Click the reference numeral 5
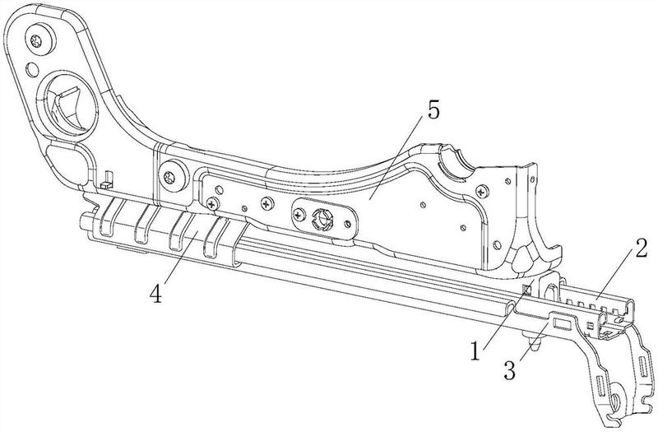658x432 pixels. point(433,111)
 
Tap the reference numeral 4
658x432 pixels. point(155,294)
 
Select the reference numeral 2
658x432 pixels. point(641,249)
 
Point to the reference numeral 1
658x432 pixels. point(475,351)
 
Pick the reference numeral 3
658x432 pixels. point(509,370)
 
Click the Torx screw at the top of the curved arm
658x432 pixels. point(38,40)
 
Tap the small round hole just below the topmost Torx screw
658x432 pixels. point(32,70)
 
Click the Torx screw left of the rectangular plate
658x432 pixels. point(170,178)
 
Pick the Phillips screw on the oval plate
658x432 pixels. point(299,216)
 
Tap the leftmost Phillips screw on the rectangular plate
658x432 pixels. point(213,203)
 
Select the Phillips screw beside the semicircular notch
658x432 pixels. point(482,192)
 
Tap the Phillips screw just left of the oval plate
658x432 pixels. point(266,204)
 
